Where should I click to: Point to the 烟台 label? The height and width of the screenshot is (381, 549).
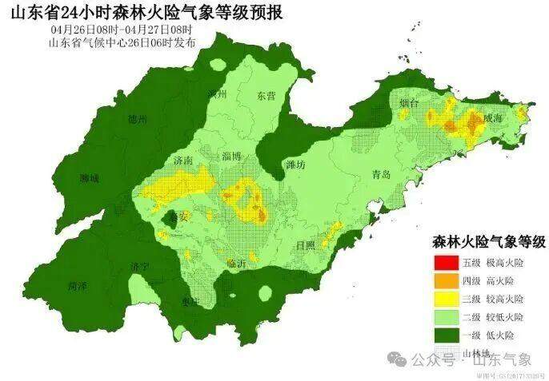click(409, 103)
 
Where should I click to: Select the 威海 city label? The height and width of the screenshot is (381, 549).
click(493, 117)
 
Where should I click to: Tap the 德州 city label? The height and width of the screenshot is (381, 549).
click(138, 119)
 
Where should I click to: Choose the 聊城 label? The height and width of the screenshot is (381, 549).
click(89, 178)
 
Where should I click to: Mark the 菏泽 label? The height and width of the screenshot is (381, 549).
click(78, 284)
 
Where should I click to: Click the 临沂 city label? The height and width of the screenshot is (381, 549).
click(238, 263)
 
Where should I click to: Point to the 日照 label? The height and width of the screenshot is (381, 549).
click(304, 245)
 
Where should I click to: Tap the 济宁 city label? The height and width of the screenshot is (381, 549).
click(141, 265)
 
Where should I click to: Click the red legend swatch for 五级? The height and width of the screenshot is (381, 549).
click(446, 262)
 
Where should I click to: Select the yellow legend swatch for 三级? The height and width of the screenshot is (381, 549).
click(446, 299)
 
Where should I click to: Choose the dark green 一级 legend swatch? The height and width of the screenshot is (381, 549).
click(446, 335)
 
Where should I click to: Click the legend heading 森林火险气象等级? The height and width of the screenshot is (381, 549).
click(488, 241)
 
